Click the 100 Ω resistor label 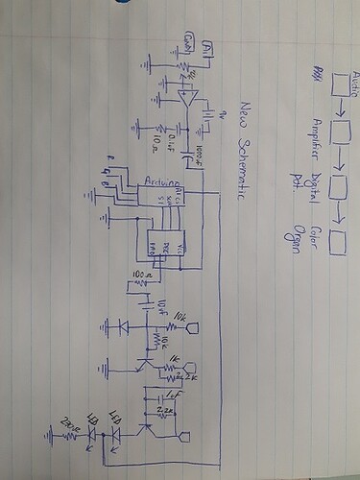pyautogui.click(x=146, y=276)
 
